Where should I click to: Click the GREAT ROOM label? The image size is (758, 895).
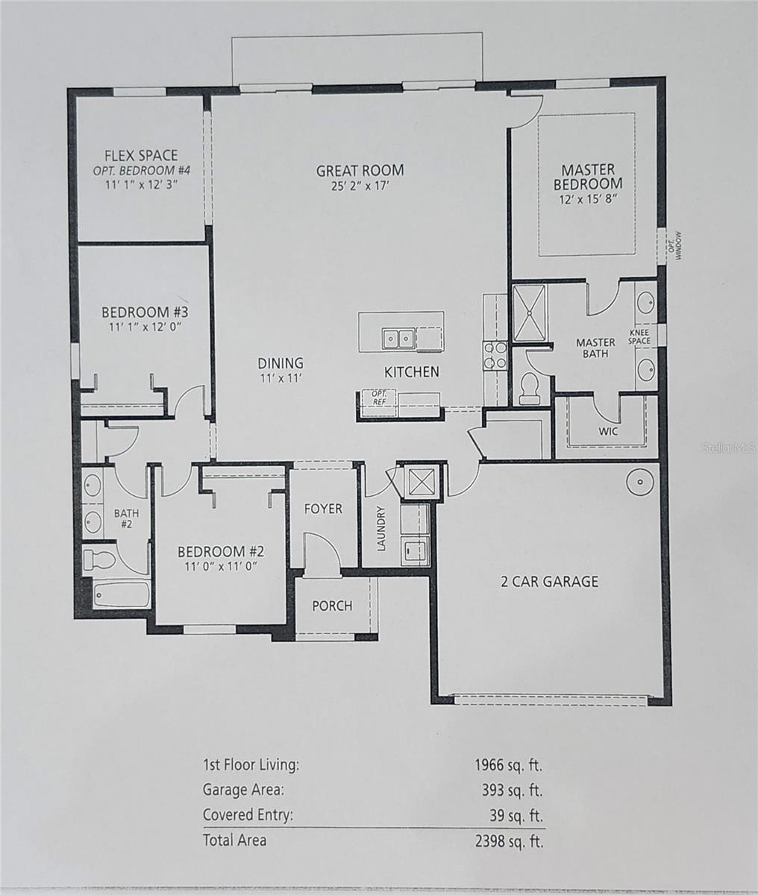(x=360, y=171)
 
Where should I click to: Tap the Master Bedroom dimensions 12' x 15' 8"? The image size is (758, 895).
(x=588, y=200)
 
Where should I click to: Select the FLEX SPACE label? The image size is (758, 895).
(x=141, y=155)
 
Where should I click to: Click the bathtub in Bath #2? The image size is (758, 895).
(x=122, y=594)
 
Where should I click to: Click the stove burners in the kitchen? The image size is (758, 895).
(x=495, y=355)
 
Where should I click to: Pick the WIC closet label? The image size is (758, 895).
(x=608, y=431)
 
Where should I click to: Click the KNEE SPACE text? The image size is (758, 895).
(x=639, y=337)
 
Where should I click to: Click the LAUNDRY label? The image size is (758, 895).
(x=381, y=528)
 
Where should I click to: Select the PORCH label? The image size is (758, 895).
(x=332, y=606)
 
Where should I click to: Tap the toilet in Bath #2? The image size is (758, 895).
(x=98, y=560)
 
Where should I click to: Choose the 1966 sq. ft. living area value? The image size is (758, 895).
(x=509, y=765)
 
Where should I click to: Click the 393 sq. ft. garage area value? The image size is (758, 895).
(x=512, y=791)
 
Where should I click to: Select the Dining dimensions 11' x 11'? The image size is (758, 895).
(x=281, y=378)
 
